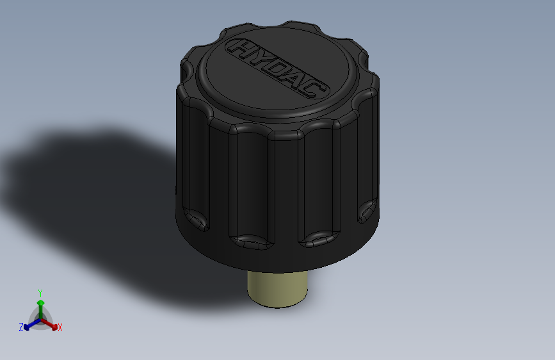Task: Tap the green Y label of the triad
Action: tap(40, 292)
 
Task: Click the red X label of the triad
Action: tap(60, 327)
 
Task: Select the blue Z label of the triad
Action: tap(20, 327)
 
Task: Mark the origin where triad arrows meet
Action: tap(40, 318)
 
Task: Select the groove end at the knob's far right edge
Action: tap(367, 210)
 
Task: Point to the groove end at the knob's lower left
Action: tap(195, 219)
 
